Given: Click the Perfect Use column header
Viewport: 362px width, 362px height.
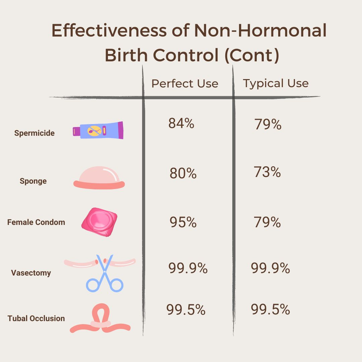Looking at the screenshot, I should point(185,83).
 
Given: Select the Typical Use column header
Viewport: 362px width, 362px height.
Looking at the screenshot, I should point(276,83).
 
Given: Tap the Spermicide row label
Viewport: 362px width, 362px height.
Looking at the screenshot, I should point(34,133).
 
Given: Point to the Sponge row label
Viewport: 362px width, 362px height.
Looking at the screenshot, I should point(33,181).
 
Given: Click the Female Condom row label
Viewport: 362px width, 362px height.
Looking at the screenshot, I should point(36,222).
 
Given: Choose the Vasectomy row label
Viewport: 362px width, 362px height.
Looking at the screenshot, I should point(31,273).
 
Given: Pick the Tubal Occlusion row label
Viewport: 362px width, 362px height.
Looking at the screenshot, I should point(36,318).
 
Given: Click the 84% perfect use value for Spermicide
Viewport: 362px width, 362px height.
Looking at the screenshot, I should point(181,124).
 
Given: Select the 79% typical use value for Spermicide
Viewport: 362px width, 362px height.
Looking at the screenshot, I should point(267,125).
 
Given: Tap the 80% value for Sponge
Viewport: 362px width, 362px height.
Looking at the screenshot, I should point(183,174).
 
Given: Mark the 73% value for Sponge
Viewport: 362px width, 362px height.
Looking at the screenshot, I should point(267,172).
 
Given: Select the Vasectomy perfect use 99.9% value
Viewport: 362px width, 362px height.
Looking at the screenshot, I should point(188,268).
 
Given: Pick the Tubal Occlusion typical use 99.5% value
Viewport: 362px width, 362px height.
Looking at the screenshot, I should point(270,310).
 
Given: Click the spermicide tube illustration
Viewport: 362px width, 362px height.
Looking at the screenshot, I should point(98,130).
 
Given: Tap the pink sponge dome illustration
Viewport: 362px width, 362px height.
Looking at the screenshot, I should point(99,178).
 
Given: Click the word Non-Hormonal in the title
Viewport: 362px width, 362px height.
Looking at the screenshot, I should point(260,31).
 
